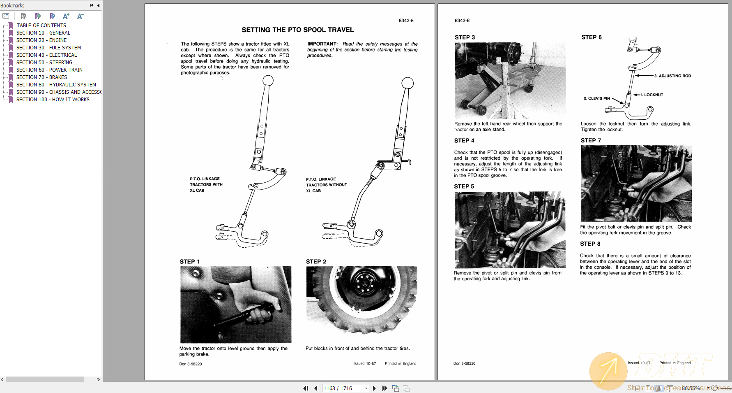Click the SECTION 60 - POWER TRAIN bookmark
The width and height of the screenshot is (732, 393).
pyautogui.click(x=49, y=70)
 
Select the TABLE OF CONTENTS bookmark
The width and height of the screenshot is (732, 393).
pyautogui.click(x=41, y=26)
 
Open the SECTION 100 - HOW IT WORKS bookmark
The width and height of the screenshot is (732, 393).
pyautogui.click(x=53, y=100)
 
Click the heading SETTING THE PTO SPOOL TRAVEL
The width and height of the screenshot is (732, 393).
pyautogui.click(x=297, y=30)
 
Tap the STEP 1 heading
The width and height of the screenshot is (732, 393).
pyautogui.click(x=190, y=262)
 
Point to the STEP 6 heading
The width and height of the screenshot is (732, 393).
pyautogui.click(x=591, y=37)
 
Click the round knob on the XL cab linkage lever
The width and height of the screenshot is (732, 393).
pyautogui.click(x=268, y=80)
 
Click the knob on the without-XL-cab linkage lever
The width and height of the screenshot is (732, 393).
pyautogui.click(x=407, y=82)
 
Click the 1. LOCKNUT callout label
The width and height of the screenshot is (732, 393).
pyautogui.click(x=653, y=95)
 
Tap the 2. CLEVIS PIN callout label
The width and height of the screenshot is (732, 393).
pyautogui.click(x=596, y=98)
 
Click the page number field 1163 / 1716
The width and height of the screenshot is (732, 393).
pyautogui.click(x=343, y=388)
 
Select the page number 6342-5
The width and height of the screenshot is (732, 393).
pyautogui.click(x=406, y=21)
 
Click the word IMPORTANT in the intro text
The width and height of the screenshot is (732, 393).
pyautogui.click(x=322, y=44)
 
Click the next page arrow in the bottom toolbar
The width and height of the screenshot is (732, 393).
pyautogui.click(x=374, y=388)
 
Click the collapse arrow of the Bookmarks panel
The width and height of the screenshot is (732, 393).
pyautogui.click(x=99, y=5)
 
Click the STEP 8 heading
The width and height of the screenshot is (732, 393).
pyautogui.click(x=590, y=244)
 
